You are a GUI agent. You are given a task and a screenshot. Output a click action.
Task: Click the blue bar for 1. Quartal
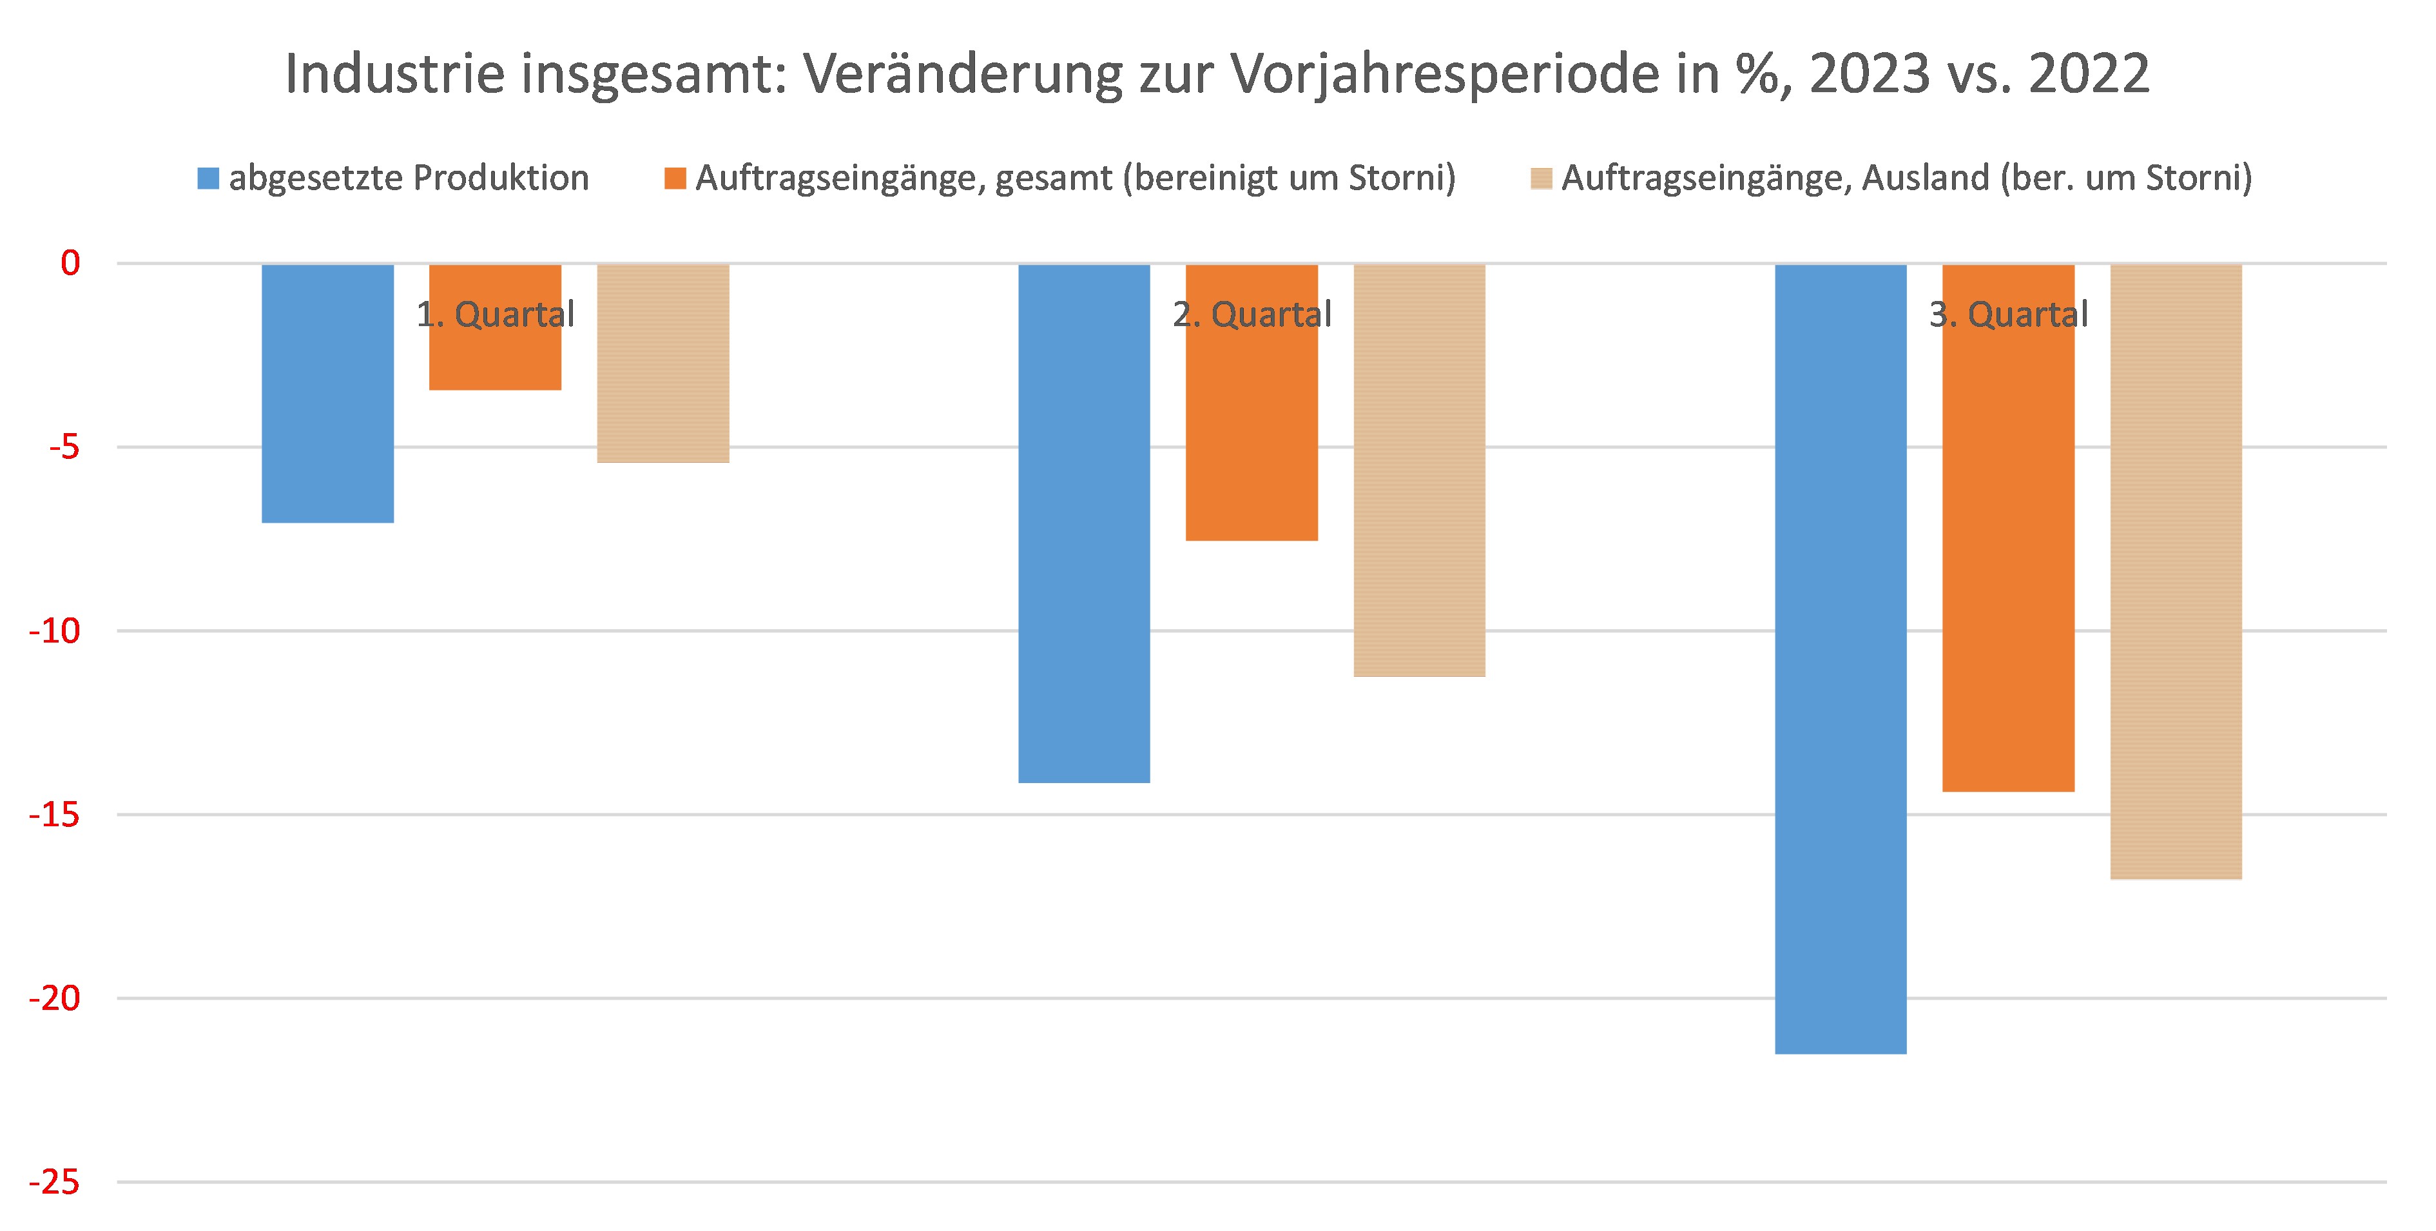327,393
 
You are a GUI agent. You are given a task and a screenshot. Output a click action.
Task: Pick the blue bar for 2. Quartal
1084,523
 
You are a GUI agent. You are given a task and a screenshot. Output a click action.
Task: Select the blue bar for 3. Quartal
1841,659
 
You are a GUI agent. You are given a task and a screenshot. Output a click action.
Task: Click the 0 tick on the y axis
70,263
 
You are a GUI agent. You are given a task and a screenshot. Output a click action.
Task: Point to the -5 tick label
64,446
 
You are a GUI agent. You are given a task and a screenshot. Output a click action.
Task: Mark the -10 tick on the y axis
55,630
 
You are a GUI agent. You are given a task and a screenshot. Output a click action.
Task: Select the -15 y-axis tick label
55,814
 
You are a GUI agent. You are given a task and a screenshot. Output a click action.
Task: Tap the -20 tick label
55,998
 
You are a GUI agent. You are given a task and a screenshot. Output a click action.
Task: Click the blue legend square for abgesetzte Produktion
208,178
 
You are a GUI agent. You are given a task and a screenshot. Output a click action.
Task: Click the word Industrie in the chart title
395,73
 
